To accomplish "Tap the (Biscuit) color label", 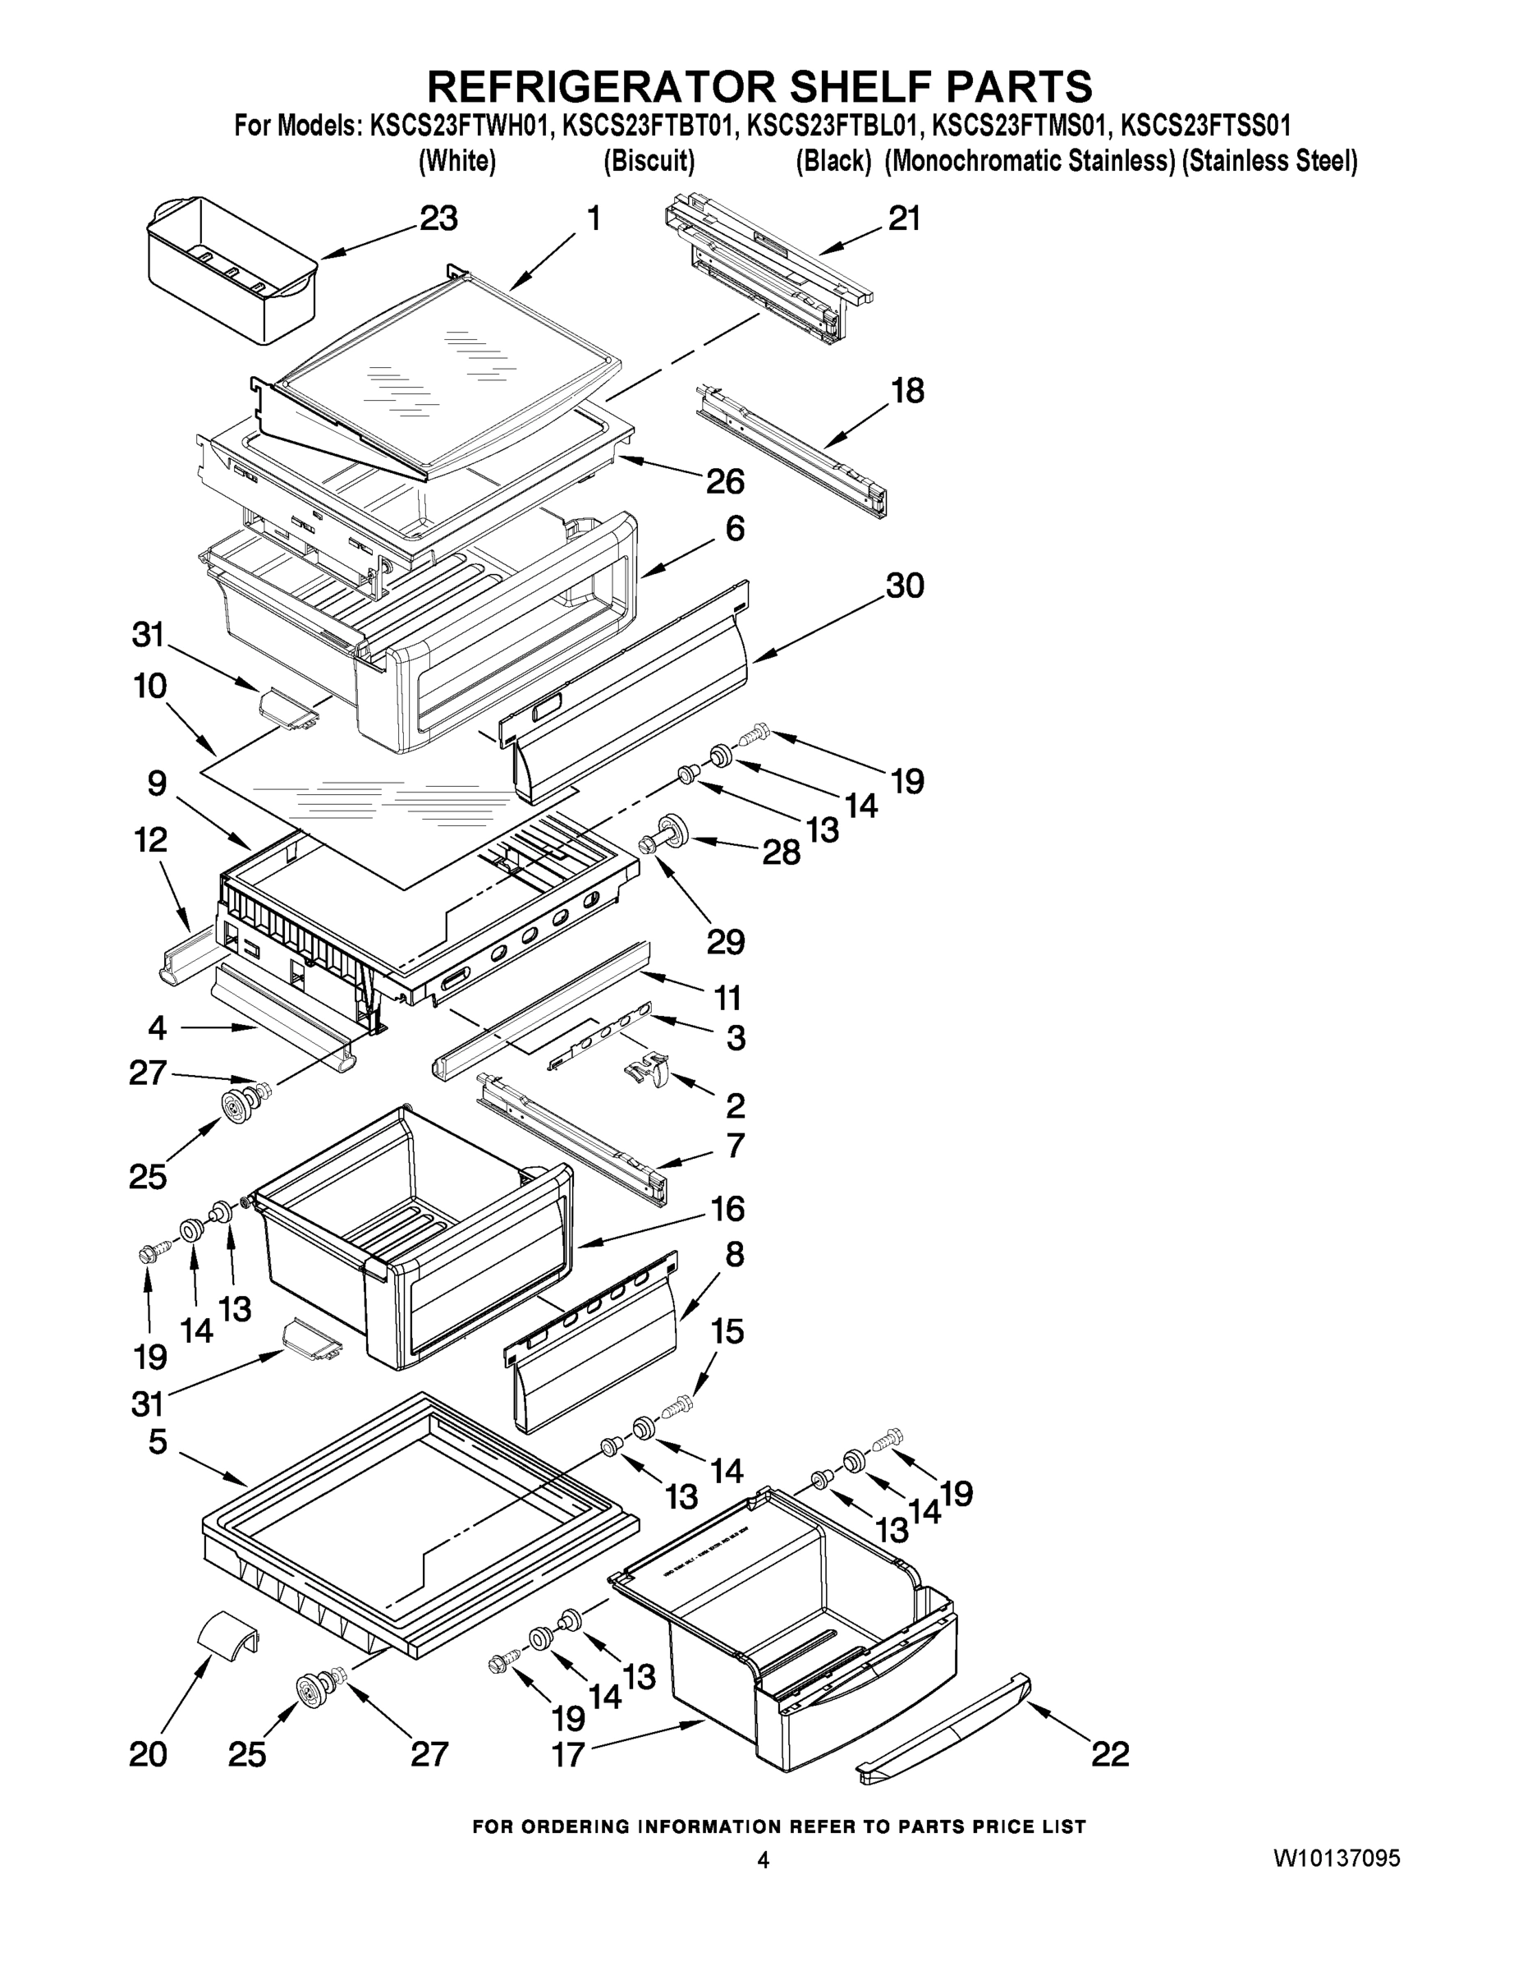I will tap(649, 161).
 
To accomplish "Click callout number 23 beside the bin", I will tap(438, 218).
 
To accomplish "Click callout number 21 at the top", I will tap(904, 218).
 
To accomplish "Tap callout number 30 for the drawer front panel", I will tap(905, 586).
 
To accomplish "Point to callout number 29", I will tap(726, 942).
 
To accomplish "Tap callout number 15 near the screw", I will tap(727, 1331).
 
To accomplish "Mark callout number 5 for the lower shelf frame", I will tap(157, 1441).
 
